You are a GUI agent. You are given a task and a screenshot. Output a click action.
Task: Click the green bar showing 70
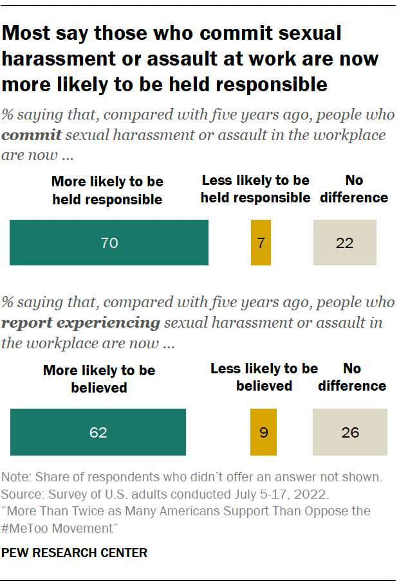click(x=109, y=243)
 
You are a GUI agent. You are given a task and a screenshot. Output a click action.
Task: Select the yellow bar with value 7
click(x=261, y=243)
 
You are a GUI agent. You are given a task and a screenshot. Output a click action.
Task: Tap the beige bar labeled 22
click(x=344, y=243)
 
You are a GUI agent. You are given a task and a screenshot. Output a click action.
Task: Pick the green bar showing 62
click(x=98, y=432)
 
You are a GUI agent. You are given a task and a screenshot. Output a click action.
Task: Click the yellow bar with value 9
click(x=263, y=432)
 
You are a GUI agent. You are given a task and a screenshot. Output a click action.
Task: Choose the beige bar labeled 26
click(x=349, y=432)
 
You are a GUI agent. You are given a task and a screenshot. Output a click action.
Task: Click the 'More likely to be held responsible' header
click(x=107, y=190)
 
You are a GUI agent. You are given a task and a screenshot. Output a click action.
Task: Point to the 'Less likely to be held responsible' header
click(x=255, y=189)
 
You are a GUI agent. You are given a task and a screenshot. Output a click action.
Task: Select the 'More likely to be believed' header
click(x=99, y=379)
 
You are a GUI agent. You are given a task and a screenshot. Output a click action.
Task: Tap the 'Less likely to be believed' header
click(x=264, y=377)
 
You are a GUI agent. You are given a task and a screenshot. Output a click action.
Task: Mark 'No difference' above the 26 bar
click(x=352, y=377)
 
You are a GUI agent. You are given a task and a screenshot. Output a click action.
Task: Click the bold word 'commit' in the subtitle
click(x=32, y=136)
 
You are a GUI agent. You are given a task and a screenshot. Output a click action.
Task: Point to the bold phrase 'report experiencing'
click(x=80, y=323)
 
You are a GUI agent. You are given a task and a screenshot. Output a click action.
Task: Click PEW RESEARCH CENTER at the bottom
click(x=75, y=553)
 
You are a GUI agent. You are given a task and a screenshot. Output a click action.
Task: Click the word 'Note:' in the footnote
click(x=17, y=478)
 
